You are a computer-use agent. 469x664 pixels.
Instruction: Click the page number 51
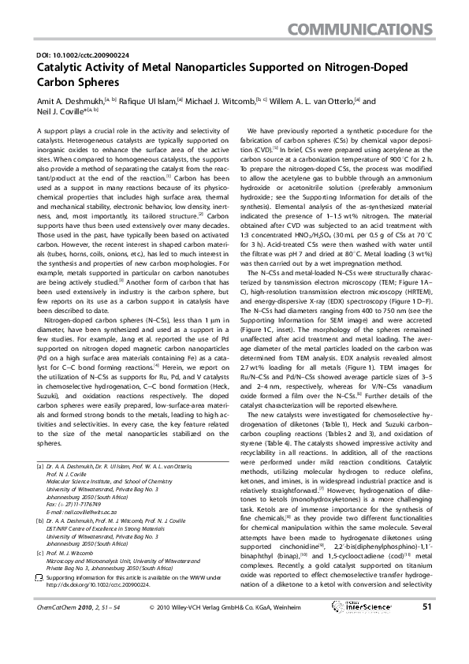click(427, 629)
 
